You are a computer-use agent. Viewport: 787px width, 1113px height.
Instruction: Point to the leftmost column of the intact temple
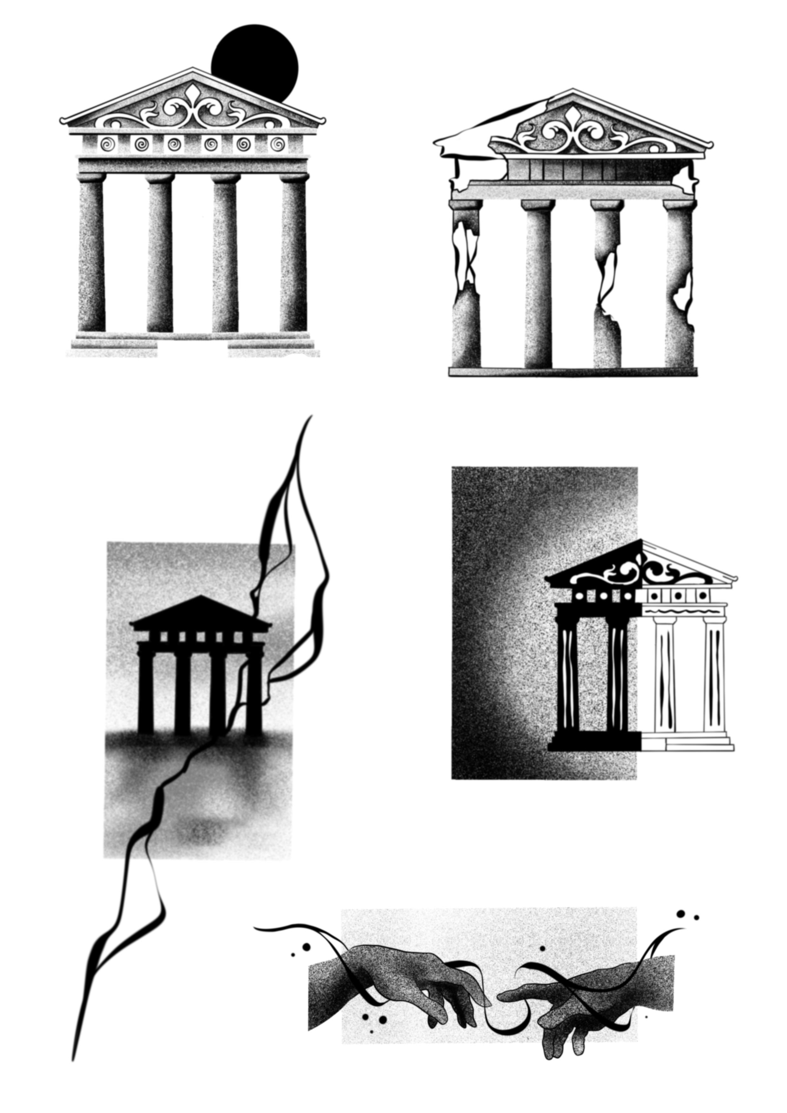coord(91,254)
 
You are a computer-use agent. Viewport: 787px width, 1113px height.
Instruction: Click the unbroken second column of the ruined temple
coord(538,286)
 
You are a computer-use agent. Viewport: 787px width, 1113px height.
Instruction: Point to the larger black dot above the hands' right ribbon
coord(681,914)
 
